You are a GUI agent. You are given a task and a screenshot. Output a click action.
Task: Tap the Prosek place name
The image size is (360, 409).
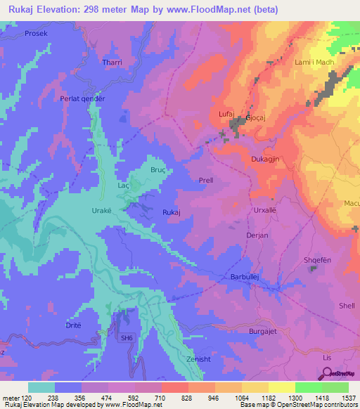[x=20, y=34]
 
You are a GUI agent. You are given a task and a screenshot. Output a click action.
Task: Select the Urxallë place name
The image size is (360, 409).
[x=266, y=210]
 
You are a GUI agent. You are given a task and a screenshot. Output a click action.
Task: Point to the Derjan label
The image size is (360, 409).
[x=257, y=236]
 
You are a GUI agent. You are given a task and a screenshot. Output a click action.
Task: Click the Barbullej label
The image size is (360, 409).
[x=245, y=278]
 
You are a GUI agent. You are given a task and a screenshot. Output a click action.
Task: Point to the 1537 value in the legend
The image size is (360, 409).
[x=337, y=398]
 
